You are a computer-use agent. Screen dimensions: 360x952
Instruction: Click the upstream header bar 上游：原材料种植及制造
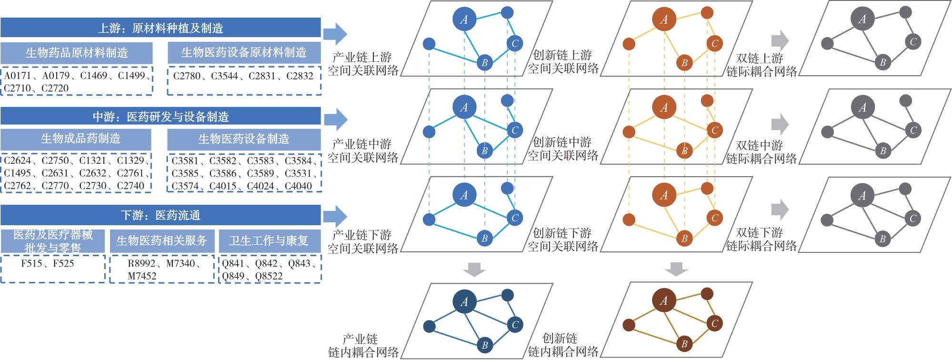(x=160, y=28)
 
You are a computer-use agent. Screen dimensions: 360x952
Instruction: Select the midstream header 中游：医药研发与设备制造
(x=160, y=116)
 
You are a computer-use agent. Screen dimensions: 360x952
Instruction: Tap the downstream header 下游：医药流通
(x=160, y=215)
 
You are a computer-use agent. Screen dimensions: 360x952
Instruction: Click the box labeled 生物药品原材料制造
(x=77, y=53)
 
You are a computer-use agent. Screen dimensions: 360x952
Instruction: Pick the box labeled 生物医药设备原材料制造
(x=244, y=53)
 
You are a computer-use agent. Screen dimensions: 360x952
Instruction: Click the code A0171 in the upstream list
(x=17, y=76)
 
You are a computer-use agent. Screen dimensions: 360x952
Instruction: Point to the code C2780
(x=187, y=76)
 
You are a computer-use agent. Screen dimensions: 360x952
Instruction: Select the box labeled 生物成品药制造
(x=76, y=139)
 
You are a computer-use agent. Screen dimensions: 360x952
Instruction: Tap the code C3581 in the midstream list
(x=185, y=161)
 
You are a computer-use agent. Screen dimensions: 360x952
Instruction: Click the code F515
(x=31, y=263)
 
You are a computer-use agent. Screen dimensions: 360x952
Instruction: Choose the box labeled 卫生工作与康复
(x=269, y=241)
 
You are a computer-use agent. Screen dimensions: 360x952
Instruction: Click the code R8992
(x=141, y=263)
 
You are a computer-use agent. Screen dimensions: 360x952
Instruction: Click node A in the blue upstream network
(x=464, y=20)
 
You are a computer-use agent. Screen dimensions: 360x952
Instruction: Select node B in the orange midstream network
(x=684, y=150)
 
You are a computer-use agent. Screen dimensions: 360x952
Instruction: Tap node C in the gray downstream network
(x=912, y=219)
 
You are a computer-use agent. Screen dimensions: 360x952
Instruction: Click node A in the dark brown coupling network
(x=663, y=300)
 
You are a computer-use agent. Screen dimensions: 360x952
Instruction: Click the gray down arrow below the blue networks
(x=475, y=269)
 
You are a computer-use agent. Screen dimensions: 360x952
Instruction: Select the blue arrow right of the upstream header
(x=335, y=33)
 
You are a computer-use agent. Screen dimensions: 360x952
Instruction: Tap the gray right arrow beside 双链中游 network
(x=780, y=125)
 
